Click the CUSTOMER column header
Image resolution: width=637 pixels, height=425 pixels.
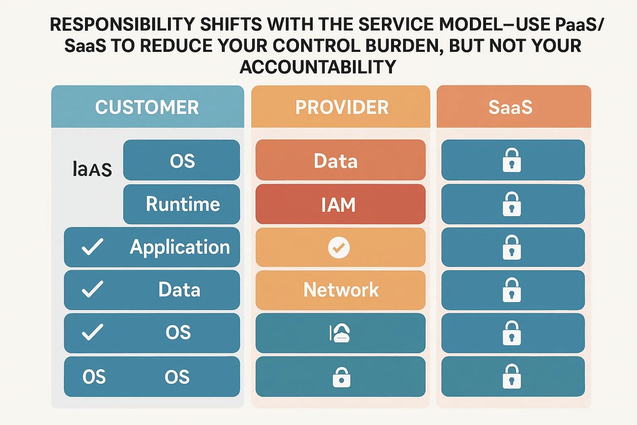pyautogui.click(x=147, y=107)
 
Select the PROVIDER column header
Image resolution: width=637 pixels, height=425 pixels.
pyautogui.click(x=341, y=107)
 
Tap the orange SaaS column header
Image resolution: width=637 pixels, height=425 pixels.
pyautogui.click(x=510, y=107)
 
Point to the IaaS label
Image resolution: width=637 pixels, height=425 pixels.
pyautogui.click(x=92, y=169)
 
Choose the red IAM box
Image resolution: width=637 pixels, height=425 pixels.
pyautogui.click(x=340, y=205)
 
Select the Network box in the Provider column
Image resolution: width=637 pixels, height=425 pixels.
pyautogui.click(x=340, y=290)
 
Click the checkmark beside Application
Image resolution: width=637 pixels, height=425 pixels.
pyautogui.click(x=92, y=247)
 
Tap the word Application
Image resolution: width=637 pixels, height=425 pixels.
pyautogui.click(x=180, y=247)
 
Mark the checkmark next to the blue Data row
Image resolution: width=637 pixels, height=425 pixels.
pyautogui.click(x=92, y=289)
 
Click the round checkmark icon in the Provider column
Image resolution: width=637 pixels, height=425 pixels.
pyautogui.click(x=339, y=248)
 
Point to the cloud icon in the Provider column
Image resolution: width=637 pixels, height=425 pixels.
pyautogui.click(x=340, y=333)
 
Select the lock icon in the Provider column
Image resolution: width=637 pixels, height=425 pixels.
pyautogui.click(x=341, y=377)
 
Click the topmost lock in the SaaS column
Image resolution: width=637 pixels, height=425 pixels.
pyautogui.click(x=511, y=160)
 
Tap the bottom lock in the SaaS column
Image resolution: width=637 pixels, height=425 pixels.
pyautogui.click(x=511, y=376)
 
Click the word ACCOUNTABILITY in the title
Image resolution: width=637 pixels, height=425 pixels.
pyautogui.click(x=318, y=67)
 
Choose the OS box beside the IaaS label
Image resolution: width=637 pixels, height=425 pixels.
pyautogui.click(x=182, y=161)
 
